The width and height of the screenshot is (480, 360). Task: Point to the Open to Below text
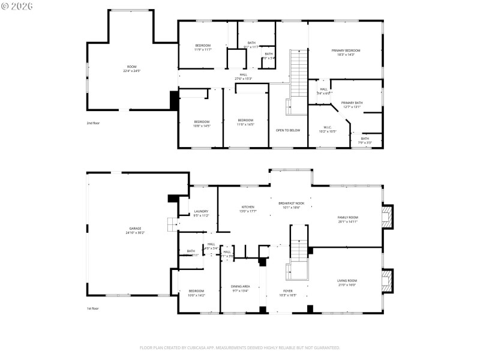tap(287, 130)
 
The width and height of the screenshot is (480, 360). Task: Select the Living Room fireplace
tap(389, 280)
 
